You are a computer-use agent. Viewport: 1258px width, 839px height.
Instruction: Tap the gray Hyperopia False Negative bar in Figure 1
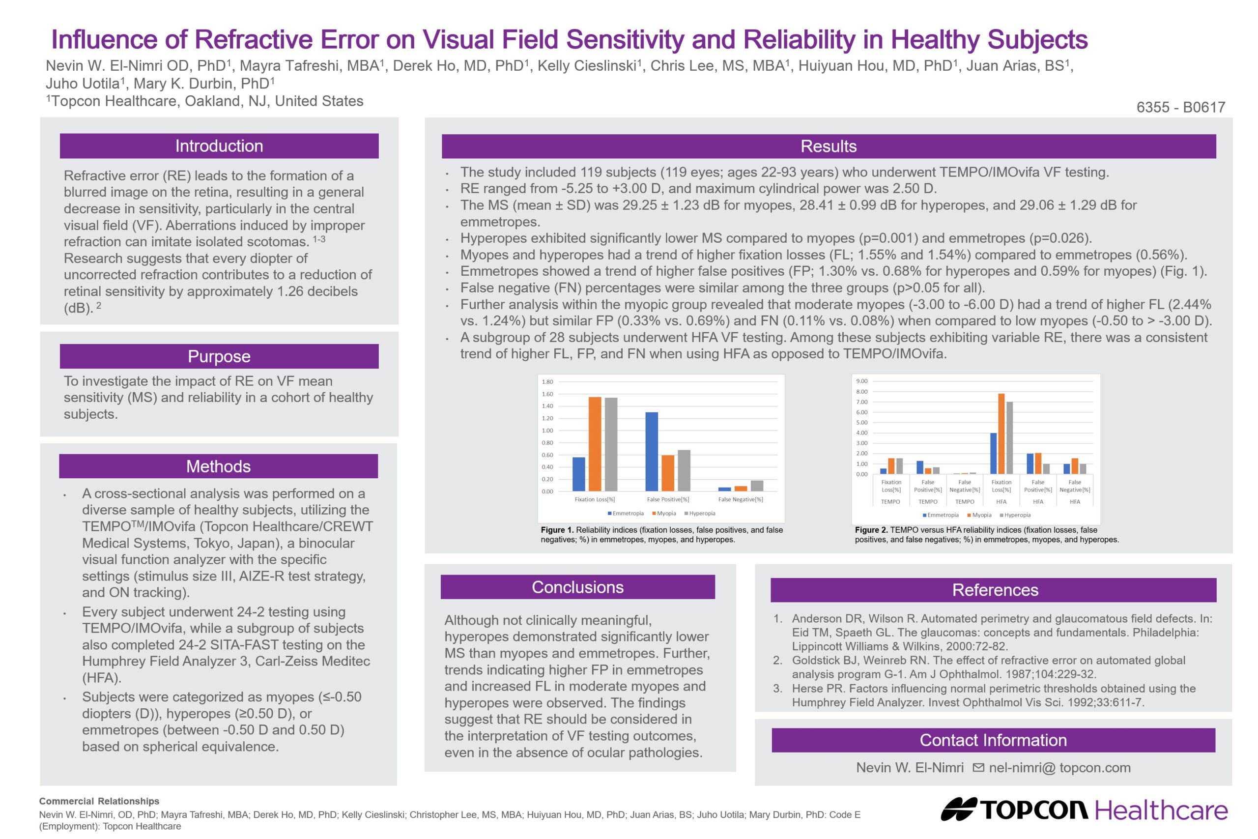[757, 485]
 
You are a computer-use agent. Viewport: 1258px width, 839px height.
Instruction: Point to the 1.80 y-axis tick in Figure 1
[547, 381]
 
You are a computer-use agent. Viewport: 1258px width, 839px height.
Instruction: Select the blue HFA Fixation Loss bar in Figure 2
[993, 453]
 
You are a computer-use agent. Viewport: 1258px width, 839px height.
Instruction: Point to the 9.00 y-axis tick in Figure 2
[861, 381]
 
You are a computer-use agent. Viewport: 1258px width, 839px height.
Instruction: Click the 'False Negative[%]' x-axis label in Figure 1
[740, 499]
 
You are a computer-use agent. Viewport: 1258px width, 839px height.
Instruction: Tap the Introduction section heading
[219, 146]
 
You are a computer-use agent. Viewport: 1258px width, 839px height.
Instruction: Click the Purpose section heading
[219, 356]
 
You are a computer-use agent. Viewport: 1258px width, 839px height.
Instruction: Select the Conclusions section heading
[578, 587]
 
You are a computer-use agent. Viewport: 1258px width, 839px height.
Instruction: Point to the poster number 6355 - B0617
[1180, 107]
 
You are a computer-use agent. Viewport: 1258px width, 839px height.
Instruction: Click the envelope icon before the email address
[978, 767]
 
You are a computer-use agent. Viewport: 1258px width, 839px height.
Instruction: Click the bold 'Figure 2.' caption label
[871, 530]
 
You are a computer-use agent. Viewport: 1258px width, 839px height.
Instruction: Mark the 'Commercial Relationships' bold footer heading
[99, 801]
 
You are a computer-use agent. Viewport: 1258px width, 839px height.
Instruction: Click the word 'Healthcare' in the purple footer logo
[1161, 810]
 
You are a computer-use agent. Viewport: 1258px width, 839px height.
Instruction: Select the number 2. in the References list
[778, 660]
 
